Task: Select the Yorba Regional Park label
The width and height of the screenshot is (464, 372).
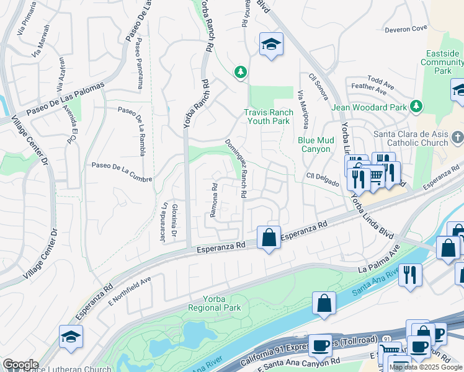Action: (x=214, y=303)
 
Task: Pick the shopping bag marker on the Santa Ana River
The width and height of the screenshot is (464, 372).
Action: (x=324, y=304)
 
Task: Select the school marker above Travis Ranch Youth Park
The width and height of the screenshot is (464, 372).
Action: (x=270, y=44)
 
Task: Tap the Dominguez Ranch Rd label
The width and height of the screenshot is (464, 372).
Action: (x=236, y=169)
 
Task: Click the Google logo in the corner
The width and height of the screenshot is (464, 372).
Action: (x=20, y=365)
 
